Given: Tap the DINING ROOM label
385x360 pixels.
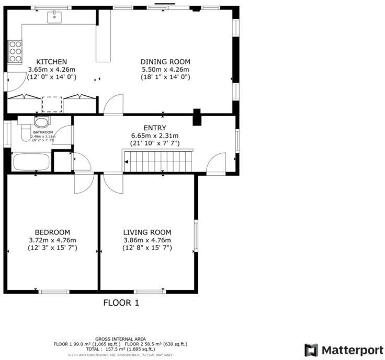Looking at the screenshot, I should click(x=165, y=62).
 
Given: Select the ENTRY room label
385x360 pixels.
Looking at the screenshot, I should click(x=155, y=128).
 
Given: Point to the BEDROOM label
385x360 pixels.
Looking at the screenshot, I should click(x=52, y=232).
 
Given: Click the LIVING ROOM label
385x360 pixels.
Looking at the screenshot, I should click(x=147, y=232).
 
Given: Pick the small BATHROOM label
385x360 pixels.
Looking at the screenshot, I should click(x=44, y=132).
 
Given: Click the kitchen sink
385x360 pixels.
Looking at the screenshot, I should click(x=54, y=18).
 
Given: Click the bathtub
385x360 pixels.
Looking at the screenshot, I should click(x=31, y=162).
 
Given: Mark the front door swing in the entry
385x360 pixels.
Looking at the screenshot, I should click(x=216, y=165).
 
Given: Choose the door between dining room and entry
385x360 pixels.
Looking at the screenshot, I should click(x=114, y=105).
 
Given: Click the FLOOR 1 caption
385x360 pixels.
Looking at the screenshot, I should click(x=121, y=302).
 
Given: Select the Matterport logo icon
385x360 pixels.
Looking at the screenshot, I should click(x=311, y=350).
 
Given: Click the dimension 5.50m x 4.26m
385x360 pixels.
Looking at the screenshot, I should click(x=165, y=70).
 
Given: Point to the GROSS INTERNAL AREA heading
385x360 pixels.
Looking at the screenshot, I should click(x=120, y=339).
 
